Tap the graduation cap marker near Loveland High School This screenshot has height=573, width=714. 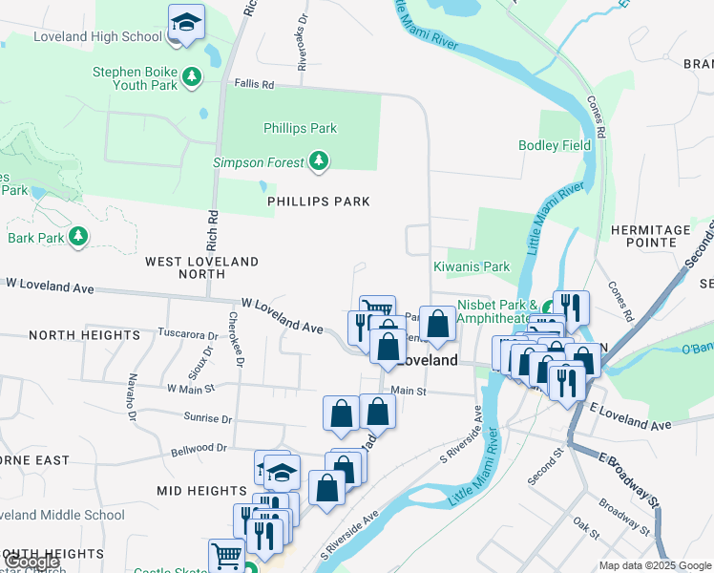tap(186, 22)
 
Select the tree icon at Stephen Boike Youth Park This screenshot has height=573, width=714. tap(192, 76)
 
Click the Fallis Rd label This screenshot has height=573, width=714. tap(254, 85)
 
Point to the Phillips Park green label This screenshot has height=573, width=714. tap(301, 128)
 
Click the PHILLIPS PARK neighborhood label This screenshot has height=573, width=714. tap(318, 202)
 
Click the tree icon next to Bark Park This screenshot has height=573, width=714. tap(78, 237)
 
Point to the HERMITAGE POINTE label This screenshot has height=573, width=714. tap(663, 238)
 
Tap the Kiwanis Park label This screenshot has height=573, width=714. tap(472, 266)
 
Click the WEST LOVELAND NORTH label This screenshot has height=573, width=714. tap(201, 267)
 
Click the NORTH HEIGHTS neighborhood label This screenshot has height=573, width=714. tap(84, 335)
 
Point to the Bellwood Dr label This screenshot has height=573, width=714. tap(199, 447)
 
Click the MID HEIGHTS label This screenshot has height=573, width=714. tap(202, 490)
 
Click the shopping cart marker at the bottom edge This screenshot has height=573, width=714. tap(226, 555)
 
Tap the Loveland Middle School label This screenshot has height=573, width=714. tap(63, 515)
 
